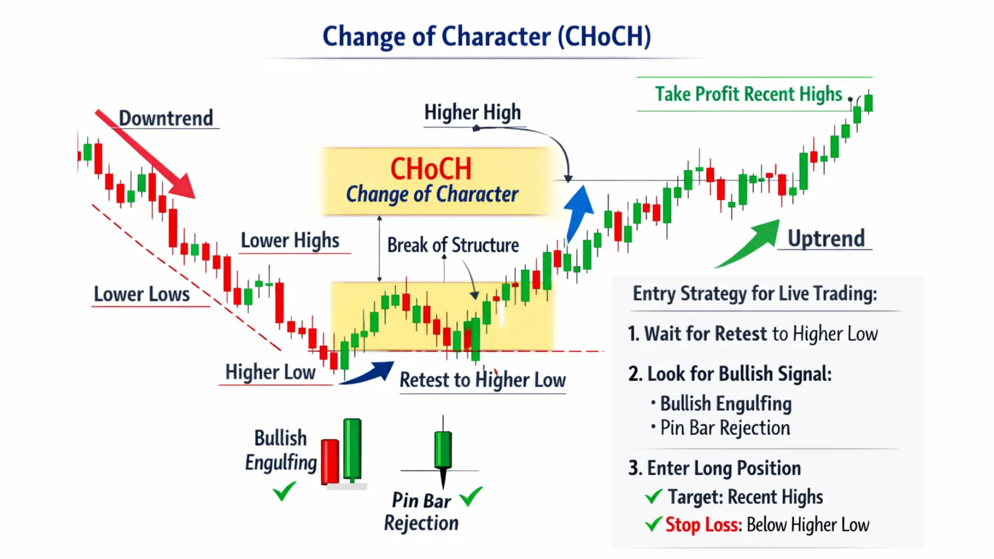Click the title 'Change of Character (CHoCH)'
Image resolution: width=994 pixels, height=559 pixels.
487,37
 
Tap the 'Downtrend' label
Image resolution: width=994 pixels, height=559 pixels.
166,118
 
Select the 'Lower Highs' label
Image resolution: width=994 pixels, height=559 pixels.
290,241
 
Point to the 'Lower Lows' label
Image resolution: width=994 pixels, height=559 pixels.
141,294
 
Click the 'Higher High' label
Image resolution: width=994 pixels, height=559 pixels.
472,112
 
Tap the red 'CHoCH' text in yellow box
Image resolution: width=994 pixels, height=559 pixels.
431,169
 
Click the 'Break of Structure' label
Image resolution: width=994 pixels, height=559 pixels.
452,245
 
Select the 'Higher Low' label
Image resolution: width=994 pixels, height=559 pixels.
270,372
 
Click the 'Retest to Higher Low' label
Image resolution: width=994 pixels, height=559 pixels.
483,380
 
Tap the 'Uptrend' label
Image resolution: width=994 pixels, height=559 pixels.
826,239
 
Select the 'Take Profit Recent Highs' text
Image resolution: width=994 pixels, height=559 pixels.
749,94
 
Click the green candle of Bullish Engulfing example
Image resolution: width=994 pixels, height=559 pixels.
352,449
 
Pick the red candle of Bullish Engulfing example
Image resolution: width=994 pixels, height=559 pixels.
330,461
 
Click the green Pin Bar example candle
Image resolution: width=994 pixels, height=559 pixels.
443,449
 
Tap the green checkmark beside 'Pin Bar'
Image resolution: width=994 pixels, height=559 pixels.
471,497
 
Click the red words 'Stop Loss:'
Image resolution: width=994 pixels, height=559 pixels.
704,525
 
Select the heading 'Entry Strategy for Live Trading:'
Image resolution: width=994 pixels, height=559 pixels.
755,293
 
